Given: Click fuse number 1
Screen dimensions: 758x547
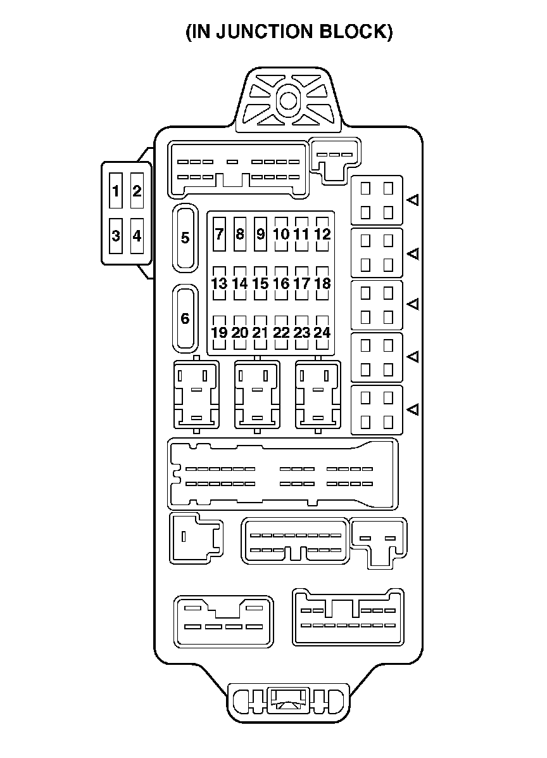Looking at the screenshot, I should click(116, 191).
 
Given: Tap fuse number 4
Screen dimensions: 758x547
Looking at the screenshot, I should click(137, 236).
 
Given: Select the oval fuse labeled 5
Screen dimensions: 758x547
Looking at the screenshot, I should click(185, 238).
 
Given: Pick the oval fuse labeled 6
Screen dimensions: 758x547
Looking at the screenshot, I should click(185, 318).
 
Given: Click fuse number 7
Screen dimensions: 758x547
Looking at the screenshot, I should click(219, 234).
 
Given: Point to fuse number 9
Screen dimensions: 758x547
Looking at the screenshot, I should click(260, 234).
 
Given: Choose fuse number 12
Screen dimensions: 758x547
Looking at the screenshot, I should click(322, 234).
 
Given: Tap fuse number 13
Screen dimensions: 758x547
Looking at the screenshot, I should click(219, 283).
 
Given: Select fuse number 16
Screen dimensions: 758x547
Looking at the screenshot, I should click(281, 283).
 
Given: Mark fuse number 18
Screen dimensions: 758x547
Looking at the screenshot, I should click(322, 283).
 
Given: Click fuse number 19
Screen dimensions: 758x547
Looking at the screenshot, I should click(219, 333).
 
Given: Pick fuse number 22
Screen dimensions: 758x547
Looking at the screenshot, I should click(281, 333).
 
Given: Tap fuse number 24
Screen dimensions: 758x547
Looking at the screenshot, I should click(322, 333).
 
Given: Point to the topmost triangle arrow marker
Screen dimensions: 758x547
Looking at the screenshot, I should click(413, 200).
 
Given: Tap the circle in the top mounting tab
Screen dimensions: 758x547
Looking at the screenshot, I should click(289, 100).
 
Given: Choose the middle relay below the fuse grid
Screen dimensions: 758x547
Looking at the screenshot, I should click(257, 394).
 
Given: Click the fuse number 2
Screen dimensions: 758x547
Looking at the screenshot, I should click(137, 191).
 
